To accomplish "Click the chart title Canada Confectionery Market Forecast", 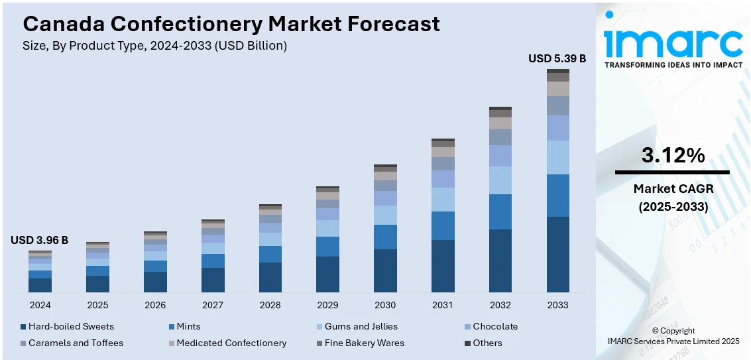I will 231,24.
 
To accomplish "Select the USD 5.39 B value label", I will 557,58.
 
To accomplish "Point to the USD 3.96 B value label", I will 39,240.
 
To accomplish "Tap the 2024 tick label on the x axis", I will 40,305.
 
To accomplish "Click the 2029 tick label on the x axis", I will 327,305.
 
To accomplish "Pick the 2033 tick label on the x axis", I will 558,305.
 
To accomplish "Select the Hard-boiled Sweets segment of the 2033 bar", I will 558,254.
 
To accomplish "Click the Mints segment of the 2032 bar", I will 500,211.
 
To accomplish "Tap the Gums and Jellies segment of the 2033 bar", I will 558,157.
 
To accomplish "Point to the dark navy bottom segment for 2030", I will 385,270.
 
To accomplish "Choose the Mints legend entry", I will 188,326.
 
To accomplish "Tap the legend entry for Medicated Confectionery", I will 231,343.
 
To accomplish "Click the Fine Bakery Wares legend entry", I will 364,343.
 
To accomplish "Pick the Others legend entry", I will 487,343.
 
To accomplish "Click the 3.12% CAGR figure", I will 673,156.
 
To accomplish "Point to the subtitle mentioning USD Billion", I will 155,46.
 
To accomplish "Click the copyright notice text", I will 673,335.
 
